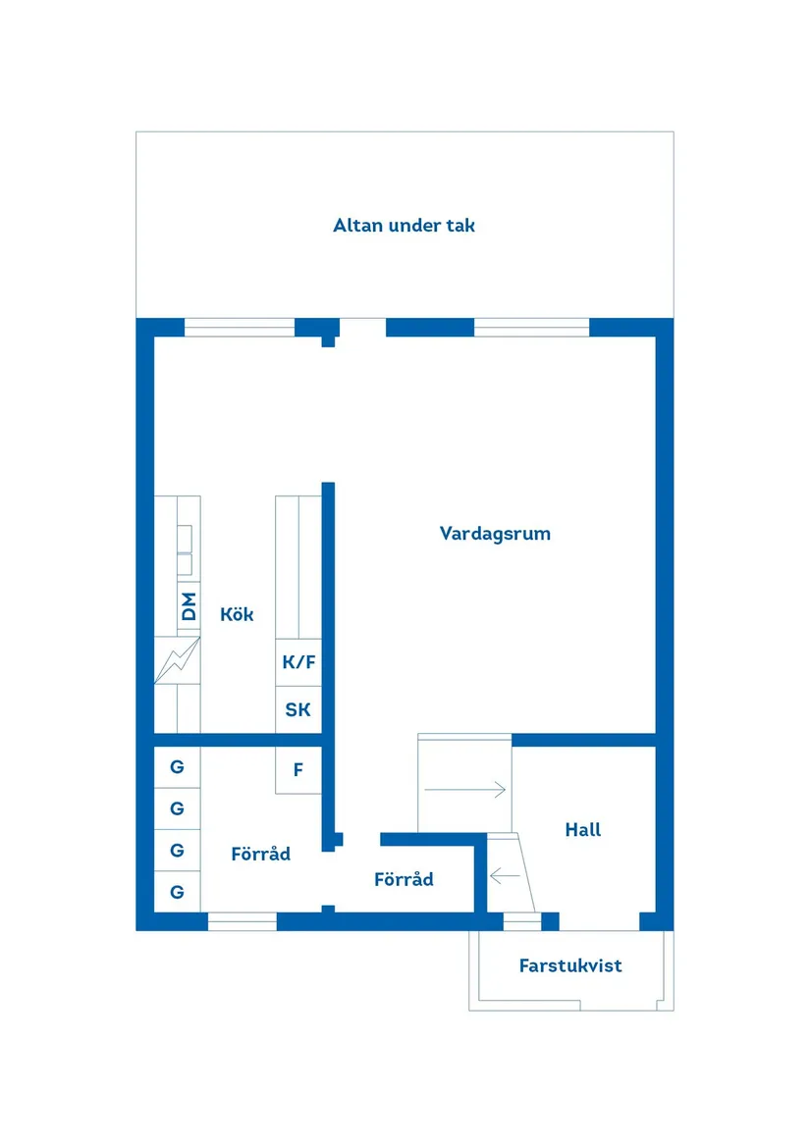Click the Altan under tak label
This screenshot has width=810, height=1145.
click(404, 226)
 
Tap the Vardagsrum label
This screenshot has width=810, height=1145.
click(495, 534)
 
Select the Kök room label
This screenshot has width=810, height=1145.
click(237, 614)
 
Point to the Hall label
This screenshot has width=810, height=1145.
click(582, 830)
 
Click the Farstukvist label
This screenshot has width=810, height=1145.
click(570, 965)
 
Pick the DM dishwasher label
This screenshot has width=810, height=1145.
click(189, 606)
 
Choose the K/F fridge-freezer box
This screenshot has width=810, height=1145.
click(298, 662)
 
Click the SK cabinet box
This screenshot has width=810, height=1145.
click(298, 709)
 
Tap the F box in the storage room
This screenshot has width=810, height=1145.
click(298, 771)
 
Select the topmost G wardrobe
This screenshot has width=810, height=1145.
click(177, 767)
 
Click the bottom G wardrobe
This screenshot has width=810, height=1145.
click(177, 892)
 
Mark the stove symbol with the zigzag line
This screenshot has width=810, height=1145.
click(178, 660)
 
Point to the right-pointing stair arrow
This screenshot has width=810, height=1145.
click(465, 789)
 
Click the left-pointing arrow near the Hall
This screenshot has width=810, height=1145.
click(505, 874)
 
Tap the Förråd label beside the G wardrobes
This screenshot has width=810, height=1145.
click(260, 855)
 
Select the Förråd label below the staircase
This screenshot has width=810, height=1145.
click(404, 880)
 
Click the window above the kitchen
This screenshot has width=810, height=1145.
click(240, 328)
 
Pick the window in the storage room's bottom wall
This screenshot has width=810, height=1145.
click(243, 921)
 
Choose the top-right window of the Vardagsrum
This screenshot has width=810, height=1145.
click(531, 328)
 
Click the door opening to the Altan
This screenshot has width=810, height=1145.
click(362, 328)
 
